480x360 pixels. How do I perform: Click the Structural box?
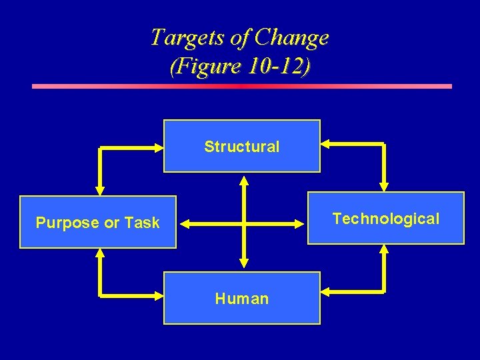(x=242, y=147)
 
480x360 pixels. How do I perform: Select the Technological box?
(x=385, y=219)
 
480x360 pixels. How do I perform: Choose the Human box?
(x=242, y=299)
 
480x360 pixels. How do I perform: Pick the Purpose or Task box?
(x=98, y=223)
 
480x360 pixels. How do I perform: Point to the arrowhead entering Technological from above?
(x=384, y=186)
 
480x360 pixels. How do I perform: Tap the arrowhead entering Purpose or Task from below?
(x=100, y=253)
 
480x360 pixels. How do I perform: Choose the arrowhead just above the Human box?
(x=244, y=263)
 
